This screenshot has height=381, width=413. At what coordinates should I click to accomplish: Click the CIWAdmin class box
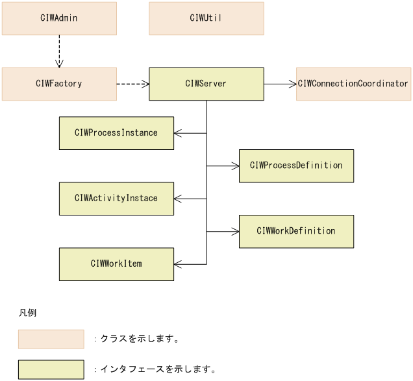59,18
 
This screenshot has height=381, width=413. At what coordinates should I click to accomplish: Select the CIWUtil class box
206,18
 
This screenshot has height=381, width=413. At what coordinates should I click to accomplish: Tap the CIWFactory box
59,84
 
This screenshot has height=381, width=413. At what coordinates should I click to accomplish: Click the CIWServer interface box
206,84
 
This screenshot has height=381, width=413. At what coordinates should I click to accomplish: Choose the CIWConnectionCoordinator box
354,84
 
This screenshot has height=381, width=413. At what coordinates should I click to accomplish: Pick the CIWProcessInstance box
116,133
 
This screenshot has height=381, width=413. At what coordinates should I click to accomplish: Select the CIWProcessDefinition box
296,166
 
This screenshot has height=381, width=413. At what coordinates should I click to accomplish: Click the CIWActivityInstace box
116,199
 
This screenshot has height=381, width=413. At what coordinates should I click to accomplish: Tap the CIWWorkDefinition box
296,231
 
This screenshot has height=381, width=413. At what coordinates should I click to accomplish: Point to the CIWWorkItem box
116,264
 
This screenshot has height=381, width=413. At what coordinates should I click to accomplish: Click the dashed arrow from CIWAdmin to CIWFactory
59,51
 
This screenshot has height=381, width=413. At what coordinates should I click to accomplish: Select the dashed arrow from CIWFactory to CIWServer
132,84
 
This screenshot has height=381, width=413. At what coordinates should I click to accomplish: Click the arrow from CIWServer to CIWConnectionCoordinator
280,84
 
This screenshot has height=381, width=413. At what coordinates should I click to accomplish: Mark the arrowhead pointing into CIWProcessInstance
178,133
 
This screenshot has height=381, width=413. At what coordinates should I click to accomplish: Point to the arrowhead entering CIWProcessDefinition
235,166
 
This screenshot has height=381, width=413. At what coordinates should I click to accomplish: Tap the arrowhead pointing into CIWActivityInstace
178,199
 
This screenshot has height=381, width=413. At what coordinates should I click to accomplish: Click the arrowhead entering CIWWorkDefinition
235,232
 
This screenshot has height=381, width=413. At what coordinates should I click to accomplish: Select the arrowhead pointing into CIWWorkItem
178,264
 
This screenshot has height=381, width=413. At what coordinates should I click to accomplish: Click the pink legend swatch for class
51,339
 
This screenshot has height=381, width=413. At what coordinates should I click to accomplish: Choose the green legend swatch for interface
51,369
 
